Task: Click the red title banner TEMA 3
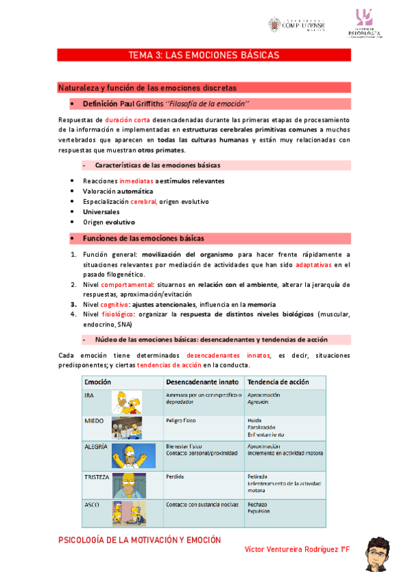tap(204, 55)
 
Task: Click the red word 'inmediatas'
tap(136, 181)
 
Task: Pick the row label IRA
tap(89, 396)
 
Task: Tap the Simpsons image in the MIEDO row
tap(127, 427)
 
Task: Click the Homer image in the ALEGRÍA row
tap(134, 455)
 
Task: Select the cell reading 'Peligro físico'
tap(182, 422)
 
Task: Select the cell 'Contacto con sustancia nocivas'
tap(202, 505)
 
